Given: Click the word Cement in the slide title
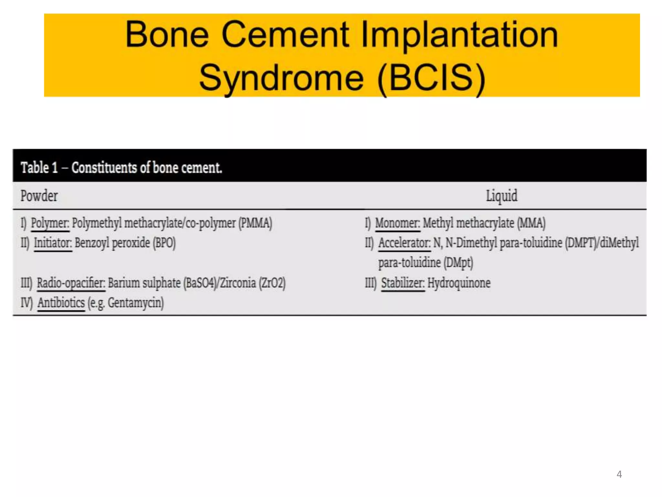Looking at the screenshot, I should [285, 35].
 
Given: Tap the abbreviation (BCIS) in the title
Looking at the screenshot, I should [431, 78].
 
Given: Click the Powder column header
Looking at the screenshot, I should [39, 196].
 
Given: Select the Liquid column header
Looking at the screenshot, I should [501, 196].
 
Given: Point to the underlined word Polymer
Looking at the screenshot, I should [50, 223].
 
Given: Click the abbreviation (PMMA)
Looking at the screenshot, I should [255, 223].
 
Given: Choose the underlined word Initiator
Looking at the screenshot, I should [53, 243].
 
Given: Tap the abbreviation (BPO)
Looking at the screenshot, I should [164, 243].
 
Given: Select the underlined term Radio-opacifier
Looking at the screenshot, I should [71, 283].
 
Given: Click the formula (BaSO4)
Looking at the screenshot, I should [200, 283].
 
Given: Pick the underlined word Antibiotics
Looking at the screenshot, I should [61, 303].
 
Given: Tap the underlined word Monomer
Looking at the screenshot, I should [397, 223].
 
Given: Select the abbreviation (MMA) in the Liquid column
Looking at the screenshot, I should [531, 223].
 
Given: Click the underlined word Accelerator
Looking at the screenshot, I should [404, 243].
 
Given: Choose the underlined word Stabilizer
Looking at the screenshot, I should [402, 283].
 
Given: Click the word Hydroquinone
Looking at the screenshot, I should [459, 283].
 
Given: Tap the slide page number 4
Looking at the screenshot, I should [619, 474].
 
